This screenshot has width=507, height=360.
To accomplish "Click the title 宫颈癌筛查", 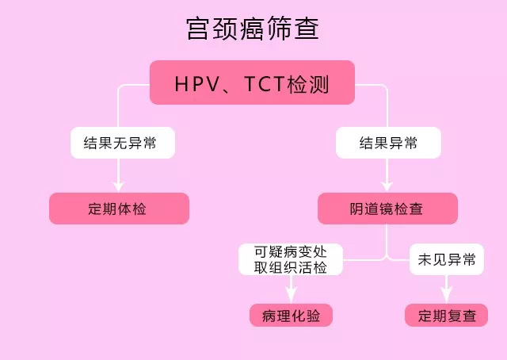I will point(253,29).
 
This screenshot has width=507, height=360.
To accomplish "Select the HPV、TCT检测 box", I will point(253,83).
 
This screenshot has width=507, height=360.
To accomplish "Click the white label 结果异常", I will point(388,144).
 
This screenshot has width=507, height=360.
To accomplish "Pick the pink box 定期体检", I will point(119,209).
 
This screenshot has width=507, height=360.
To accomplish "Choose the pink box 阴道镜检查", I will point(387,209).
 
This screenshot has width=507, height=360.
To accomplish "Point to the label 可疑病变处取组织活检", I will point(291,259).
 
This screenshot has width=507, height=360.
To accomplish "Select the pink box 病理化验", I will point(291,315).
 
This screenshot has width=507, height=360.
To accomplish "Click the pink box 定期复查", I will point(447,315).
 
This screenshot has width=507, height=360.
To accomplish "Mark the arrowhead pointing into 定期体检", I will point(119,187).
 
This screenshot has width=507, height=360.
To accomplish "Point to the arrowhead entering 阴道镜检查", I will point(387,187).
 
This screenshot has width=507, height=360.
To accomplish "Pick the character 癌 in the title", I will point(253,29).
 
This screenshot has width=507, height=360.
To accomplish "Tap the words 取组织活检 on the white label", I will point(291,268).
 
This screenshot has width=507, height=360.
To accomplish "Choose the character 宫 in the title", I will point(199,29).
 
